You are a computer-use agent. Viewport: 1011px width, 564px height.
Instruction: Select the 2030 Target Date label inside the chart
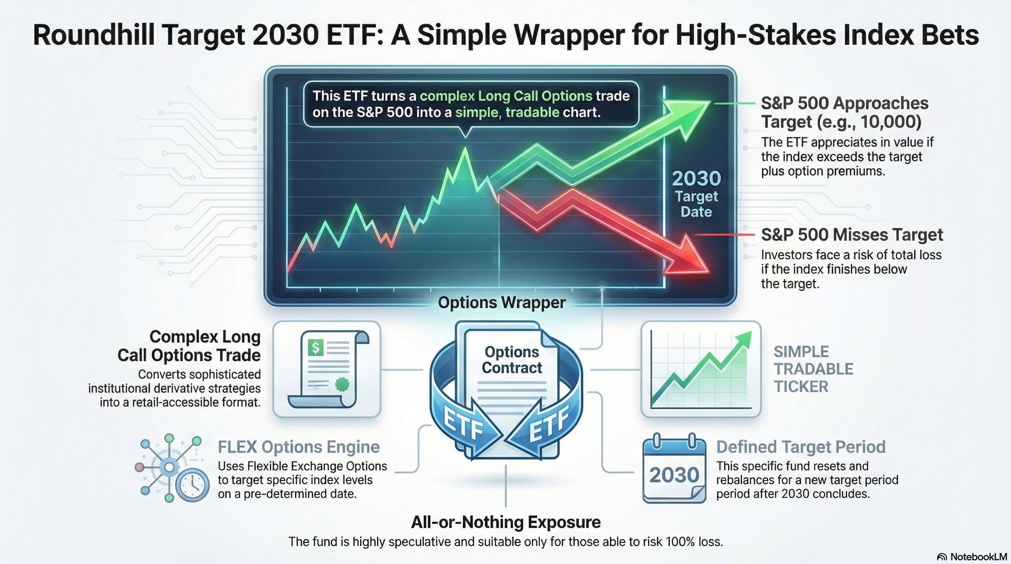point(696,194)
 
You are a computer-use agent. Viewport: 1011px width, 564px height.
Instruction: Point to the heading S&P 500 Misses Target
point(852,235)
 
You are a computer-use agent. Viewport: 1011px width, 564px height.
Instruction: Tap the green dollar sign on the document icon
point(315,347)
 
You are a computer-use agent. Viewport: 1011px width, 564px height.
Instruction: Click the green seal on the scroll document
point(343,384)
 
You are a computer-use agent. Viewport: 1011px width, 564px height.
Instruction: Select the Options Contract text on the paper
point(512,360)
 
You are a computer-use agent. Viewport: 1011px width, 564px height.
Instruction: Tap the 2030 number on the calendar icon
point(674,475)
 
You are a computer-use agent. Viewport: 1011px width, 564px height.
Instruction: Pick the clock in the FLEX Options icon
point(192,485)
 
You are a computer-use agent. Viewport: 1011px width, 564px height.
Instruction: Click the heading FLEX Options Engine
point(299,447)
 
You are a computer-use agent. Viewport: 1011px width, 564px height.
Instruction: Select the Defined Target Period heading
point(800,447)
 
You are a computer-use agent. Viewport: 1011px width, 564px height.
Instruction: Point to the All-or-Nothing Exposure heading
point(506,522)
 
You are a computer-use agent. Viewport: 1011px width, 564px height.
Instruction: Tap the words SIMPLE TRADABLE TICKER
point(813,369)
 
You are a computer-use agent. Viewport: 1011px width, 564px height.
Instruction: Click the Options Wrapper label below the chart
point(502,303)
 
